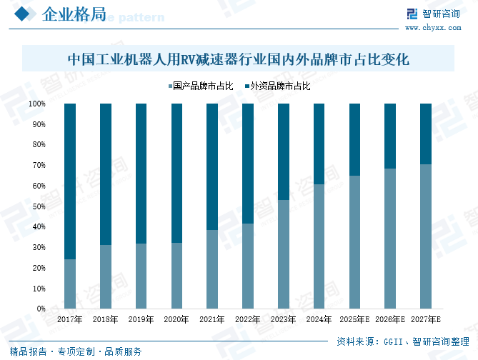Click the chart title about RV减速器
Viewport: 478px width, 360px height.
click(238, 59)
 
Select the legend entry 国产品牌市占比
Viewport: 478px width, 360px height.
click(201, 86)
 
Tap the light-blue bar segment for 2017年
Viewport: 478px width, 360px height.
click(70, 284)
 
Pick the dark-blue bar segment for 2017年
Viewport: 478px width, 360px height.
click(70, 181)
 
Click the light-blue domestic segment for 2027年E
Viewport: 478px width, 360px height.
click(426, 236)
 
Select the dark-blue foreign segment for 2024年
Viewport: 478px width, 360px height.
click(319, 144)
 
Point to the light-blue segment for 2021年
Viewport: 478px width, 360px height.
click(212, 269)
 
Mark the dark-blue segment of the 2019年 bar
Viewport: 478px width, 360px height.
click(141, 173)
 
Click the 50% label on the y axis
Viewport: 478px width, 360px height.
click(39, 206)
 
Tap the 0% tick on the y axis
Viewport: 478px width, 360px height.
click(41, 309)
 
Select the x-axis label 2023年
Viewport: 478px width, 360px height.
click(283, 320)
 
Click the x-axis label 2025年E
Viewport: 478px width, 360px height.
click(355, 320)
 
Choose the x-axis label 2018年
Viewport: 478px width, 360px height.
click(105, 320)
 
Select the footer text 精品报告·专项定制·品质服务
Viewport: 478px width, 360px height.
click(76, 351)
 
